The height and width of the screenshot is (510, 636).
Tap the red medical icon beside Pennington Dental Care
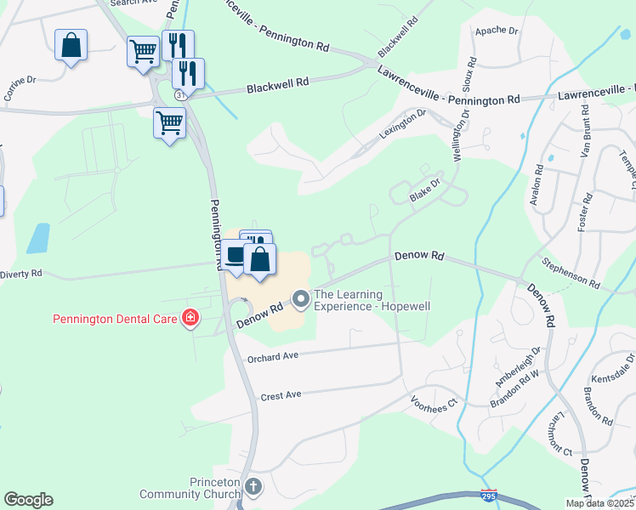tap(190, 319)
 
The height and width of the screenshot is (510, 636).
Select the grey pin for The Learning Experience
tap(300, 298)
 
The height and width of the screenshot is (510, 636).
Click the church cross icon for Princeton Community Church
tap(253, 487)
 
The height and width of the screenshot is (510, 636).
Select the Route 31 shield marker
tap(181, 96)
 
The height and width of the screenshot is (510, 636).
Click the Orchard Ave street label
tap(274, 358)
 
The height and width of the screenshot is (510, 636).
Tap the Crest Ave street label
tap(281, 396)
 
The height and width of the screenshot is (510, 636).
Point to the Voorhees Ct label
tap(434, 401)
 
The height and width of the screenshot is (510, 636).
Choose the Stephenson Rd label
tap(571, 275)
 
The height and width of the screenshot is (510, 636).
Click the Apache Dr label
tap(497, 31)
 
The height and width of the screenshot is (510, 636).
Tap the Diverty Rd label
tap(20, 274)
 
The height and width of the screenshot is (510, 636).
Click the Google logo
tap(28, 500)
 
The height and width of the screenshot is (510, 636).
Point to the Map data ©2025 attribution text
tap(599, 503)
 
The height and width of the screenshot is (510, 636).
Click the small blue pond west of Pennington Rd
tap(38, 239)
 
